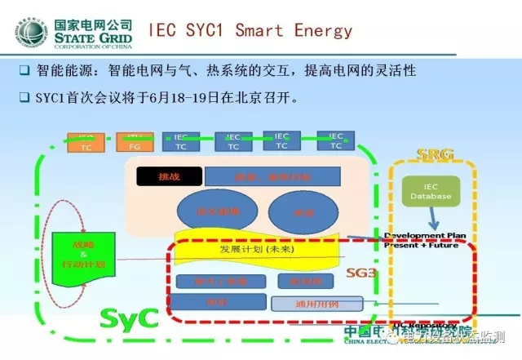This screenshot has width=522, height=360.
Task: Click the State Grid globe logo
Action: [30, 32]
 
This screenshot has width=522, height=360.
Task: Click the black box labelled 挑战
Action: [157, 176]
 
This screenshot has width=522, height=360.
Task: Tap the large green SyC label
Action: [128, 317]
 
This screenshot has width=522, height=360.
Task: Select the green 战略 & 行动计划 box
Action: [79, 253]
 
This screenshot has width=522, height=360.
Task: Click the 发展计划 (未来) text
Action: [252, 249]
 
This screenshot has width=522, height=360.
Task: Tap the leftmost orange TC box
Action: [86, 142]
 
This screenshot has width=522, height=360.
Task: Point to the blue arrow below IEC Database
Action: [435, 221]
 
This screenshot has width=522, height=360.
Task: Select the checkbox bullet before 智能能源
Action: [24, 71]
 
